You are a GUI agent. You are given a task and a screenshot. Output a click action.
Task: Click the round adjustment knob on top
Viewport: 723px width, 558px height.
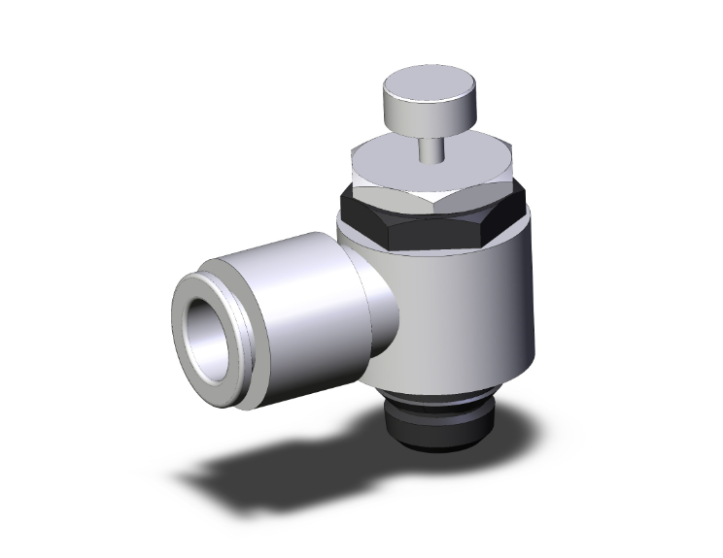click(426, 101)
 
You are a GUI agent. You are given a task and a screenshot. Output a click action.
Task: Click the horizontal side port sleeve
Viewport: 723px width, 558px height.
click(292, 291)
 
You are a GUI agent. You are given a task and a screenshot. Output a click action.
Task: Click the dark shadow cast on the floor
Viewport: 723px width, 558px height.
click(272, 466)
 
